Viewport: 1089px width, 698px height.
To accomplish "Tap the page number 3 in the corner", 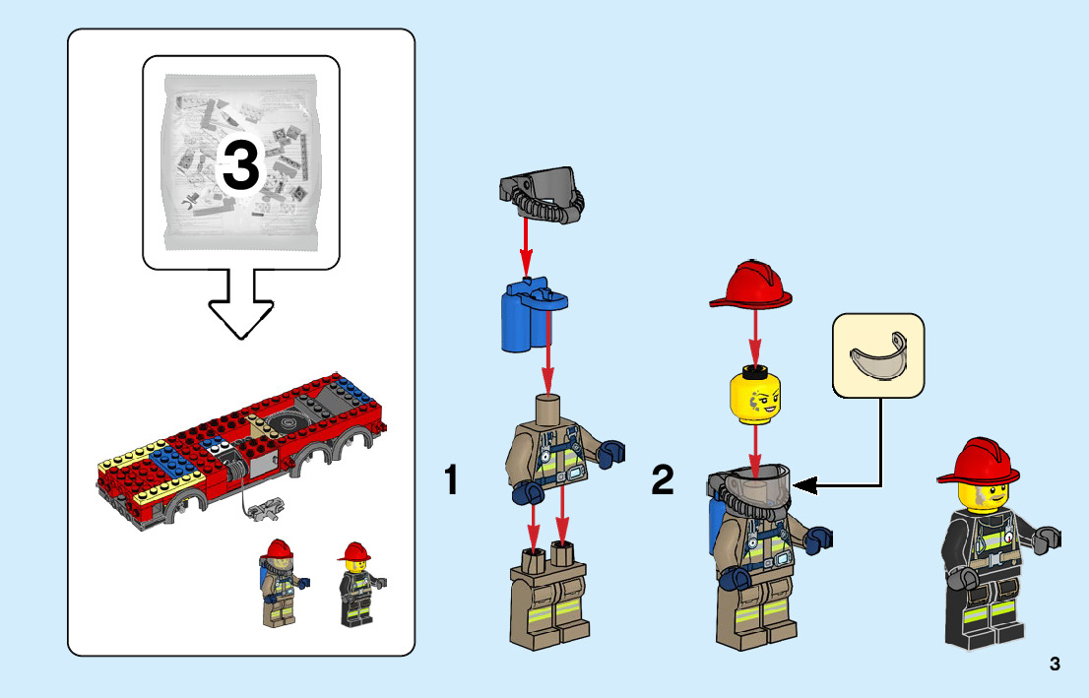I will click(1055, 664).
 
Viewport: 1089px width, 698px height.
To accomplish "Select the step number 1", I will click(451, 481).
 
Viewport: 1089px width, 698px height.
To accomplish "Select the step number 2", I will click(663, 481).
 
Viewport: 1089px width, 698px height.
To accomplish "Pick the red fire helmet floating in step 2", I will click(751, 286).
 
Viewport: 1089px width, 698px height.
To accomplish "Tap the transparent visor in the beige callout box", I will click(878, 357).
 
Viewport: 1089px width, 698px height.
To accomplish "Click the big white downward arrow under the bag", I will click(240, 300).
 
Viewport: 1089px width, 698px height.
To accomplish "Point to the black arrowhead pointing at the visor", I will click(802, 484).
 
